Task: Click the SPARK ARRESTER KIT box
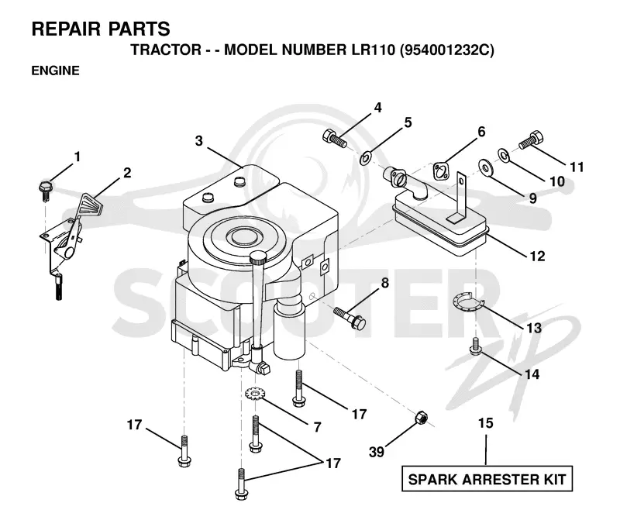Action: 487,479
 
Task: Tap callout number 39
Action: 376,452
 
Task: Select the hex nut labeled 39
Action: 420,418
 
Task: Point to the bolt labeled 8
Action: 350,317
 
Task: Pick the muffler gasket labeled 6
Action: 441,170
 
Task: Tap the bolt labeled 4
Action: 335,138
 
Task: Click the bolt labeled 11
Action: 531,140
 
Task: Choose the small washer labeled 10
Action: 503,155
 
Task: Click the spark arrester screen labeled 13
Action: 469,301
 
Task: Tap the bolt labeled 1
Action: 44,191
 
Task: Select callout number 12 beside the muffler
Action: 537,257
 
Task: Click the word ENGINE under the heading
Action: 55,71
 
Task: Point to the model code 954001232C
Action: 447,50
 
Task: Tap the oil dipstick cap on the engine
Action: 259,258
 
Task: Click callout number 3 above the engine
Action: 199,140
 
